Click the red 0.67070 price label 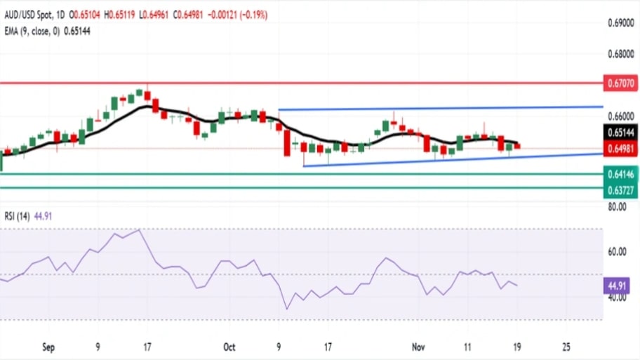(621, 84)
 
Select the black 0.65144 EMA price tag (621, 132)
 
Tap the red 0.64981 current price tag (621, 147)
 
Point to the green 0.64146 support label (621, 174)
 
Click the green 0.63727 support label (621, 189)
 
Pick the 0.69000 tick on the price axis (621, 23)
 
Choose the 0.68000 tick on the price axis (621, 54)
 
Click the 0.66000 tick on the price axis (621, 116)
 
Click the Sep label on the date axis (48, 347)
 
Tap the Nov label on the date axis (419, 347)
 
